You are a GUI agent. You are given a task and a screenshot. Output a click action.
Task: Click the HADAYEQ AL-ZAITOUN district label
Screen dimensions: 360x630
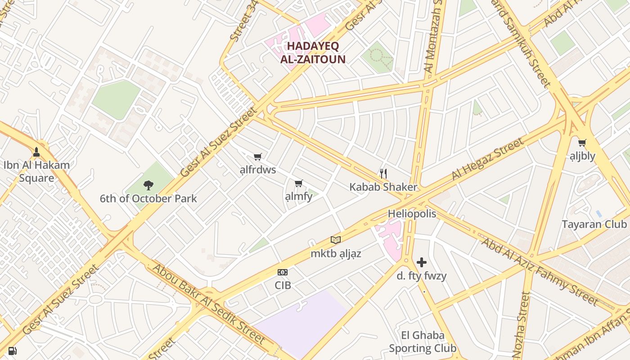(x=313, y=53)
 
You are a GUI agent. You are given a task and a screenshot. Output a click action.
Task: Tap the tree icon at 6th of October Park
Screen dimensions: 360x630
(x=148, y=185)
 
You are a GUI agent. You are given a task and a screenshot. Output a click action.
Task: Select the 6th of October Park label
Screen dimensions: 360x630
(x=148, y=198)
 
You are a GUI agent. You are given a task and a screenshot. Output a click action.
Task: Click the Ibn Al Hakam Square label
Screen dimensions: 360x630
(x=37, y=171)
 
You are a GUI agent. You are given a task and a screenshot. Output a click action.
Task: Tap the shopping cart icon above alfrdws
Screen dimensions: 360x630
(x=257, y=157)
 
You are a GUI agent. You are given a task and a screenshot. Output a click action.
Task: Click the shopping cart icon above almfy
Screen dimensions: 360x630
(x=298, y=183)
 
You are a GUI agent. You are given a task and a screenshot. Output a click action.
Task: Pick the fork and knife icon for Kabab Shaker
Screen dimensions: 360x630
(x=383, y=173)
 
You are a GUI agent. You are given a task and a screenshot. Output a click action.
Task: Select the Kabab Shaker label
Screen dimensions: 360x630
(x=383, y=187)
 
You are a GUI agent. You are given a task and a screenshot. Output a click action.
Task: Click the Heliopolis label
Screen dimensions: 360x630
(x=412, y=213)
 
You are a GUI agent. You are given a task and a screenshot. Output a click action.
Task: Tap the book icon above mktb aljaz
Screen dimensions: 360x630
(x=336, y=240)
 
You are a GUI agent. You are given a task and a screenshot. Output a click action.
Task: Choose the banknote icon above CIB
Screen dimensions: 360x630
(x=283, y=272)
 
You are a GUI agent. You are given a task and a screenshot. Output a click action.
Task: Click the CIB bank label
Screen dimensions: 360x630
(x=283, y=285)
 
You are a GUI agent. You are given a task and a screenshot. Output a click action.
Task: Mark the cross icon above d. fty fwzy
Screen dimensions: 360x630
(x=422, y=262)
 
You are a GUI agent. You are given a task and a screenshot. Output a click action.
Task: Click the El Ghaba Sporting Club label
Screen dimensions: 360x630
(x=423, y=342)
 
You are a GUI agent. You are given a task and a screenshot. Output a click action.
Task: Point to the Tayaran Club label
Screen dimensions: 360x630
(x=594, y=224)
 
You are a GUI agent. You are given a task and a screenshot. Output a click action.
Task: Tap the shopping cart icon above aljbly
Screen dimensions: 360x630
(x=582, y=143)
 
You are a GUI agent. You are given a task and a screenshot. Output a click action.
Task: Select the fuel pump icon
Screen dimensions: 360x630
(x=13, y=351)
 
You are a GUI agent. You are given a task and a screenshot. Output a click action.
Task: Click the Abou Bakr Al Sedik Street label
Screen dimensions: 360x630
(x=209, y=304)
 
